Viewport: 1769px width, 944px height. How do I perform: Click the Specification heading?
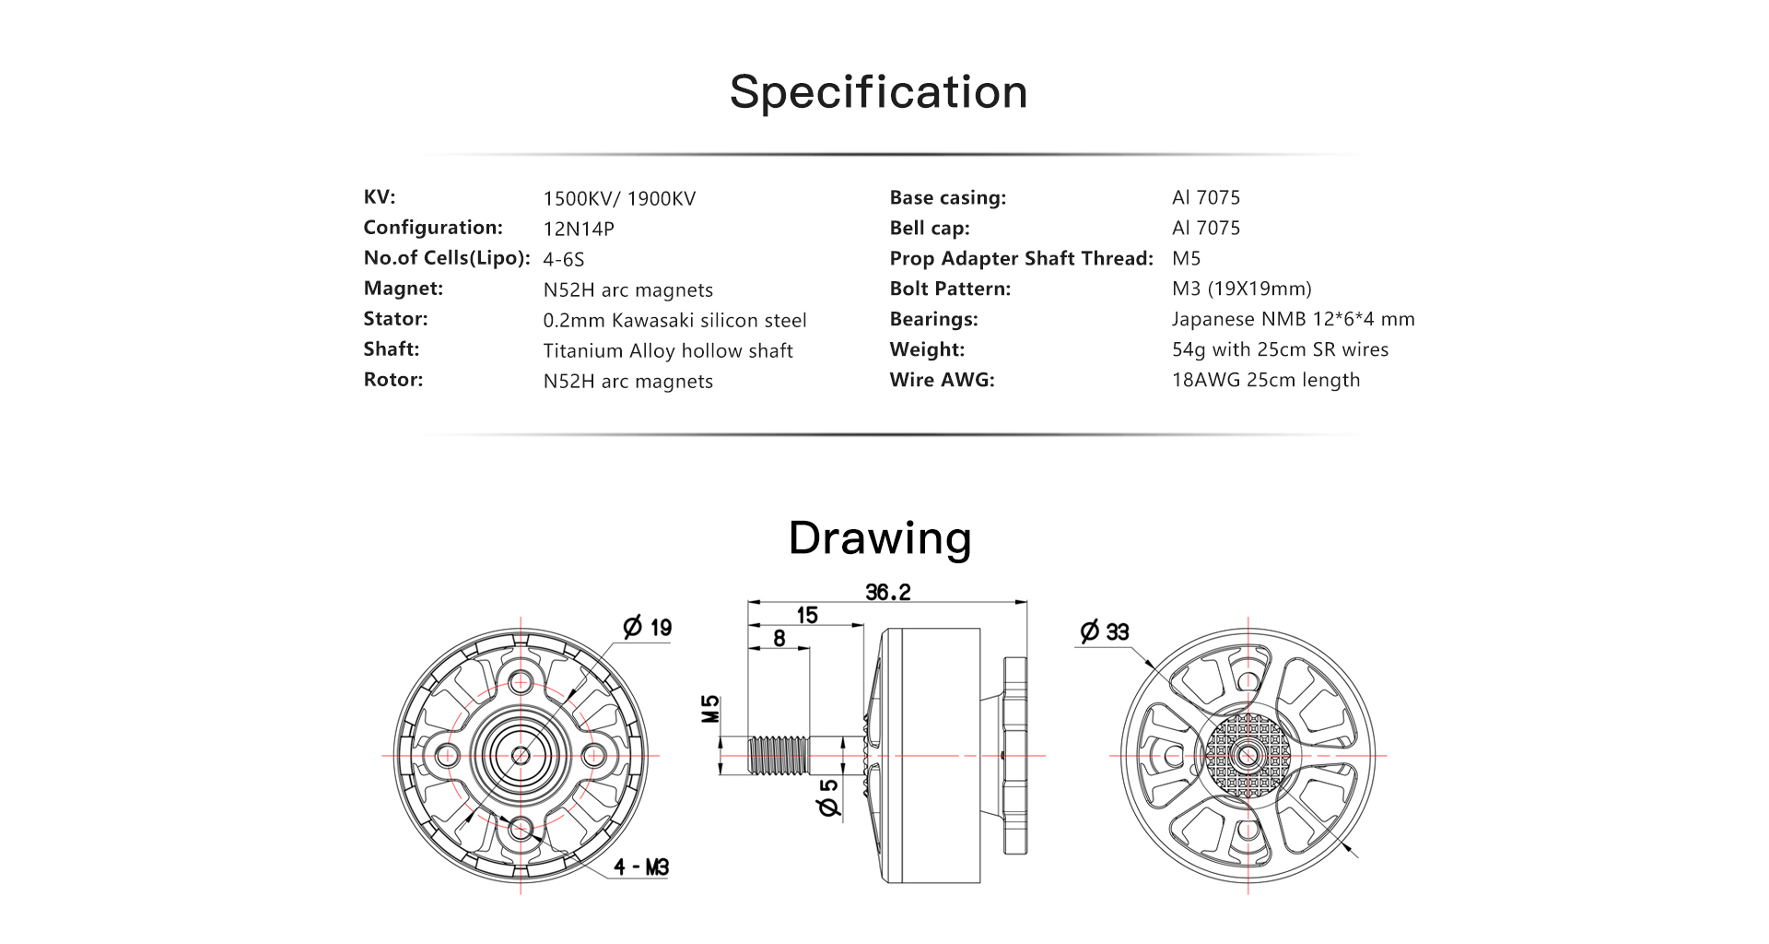tap(879, 93)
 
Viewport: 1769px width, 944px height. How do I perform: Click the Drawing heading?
tap(880, 537)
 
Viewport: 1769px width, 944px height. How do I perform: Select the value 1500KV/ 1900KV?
tap(619, 198)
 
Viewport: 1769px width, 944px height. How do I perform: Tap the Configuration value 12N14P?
tap(579, 229)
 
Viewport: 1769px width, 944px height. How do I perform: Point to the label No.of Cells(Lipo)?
tap(447, 258)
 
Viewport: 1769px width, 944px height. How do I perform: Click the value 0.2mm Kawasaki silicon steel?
tap(674, 320)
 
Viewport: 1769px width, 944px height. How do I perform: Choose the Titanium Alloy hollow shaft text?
tap(668, 350)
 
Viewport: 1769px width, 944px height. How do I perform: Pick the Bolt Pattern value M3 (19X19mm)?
tap(1241, 289)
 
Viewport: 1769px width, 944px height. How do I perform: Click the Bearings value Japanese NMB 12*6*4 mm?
tap(1293, 319)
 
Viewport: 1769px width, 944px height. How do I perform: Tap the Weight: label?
tap(927, 349)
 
